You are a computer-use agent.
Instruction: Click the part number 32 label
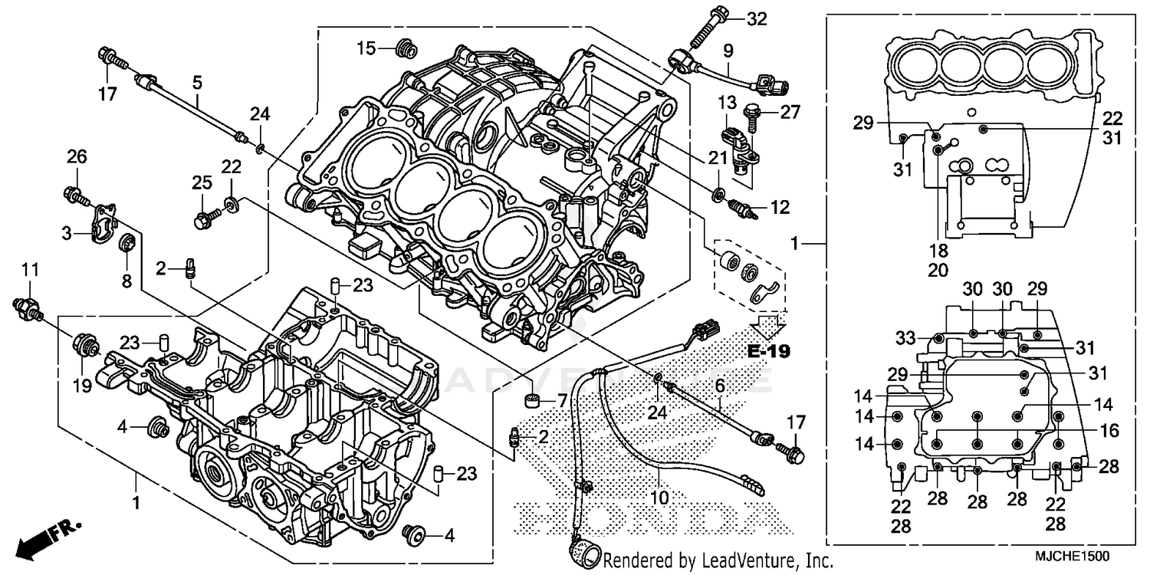pos(756,20)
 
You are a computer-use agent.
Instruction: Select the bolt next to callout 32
pos(709,25)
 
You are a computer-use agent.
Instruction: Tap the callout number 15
pos(366,48)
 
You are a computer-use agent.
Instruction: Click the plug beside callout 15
pos(403,49)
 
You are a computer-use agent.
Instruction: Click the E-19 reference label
pos(769,352)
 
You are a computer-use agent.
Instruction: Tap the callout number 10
pos(659,498)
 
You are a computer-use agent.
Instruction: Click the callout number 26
pos(77,157)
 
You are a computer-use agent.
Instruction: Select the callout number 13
pos(726,102)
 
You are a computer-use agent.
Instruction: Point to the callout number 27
pos(790,112)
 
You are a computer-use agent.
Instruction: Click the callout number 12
pos(780,207)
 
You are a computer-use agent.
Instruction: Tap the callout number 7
pos(561,400)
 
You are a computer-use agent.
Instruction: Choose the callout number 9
pos(728,51)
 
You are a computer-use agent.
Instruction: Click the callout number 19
pos(82,387)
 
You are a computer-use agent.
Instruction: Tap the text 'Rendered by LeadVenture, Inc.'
pos(718,561)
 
